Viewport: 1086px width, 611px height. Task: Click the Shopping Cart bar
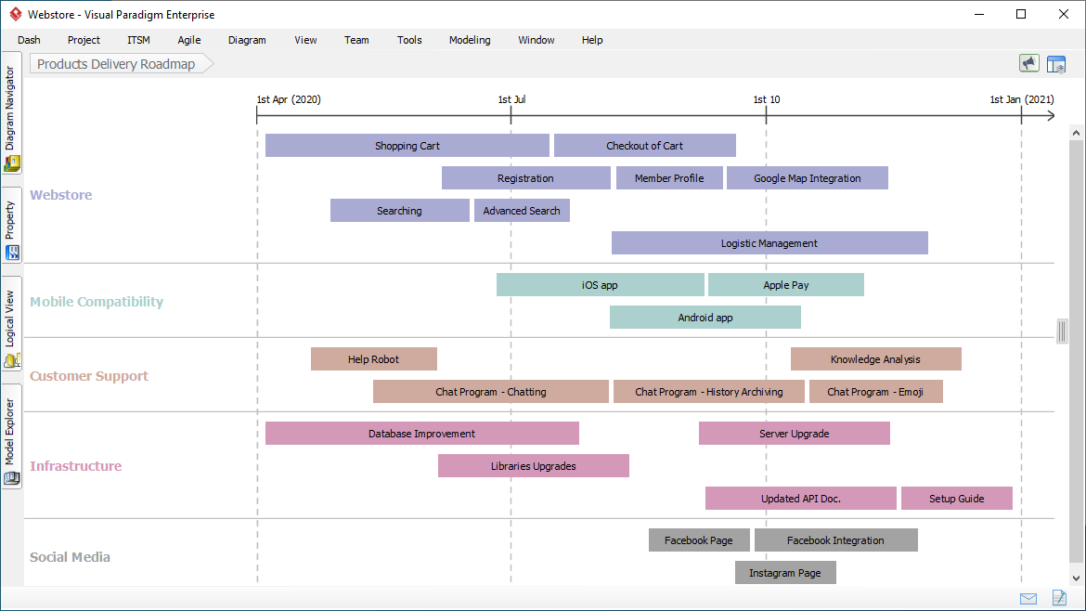(x=407, y=146)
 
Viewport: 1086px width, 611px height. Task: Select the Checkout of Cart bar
(x=644, y=146)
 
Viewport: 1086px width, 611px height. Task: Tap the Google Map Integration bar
(x=807, y=178)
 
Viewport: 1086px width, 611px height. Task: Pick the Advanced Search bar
(x=522, y=211)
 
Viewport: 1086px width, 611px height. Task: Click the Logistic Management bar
(x=769, y=243)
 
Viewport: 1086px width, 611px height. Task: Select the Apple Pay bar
(x=785, y=285)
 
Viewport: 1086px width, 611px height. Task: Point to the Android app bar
(x=705, y=318)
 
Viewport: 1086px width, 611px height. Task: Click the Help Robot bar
(x=373, y=359)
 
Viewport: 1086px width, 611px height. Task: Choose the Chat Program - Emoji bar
(x=875, y=392)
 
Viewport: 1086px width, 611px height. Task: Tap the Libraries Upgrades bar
(x=533, y=466)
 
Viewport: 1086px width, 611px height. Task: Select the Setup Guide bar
(x=956, y=499)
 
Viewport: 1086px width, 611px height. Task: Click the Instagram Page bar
(x=784, y=573)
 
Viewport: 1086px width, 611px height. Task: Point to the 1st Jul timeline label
(x=511, y=99)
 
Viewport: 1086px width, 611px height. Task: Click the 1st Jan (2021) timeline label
(x=1021, y=99)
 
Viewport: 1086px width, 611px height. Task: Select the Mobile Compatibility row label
(x=97, y=302)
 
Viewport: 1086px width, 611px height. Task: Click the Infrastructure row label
(x=76, y=466)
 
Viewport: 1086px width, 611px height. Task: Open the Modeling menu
(x=470, y=40)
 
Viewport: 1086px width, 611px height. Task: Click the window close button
(x=1064, y=14)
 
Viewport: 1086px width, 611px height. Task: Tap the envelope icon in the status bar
(x=1028, y=598)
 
